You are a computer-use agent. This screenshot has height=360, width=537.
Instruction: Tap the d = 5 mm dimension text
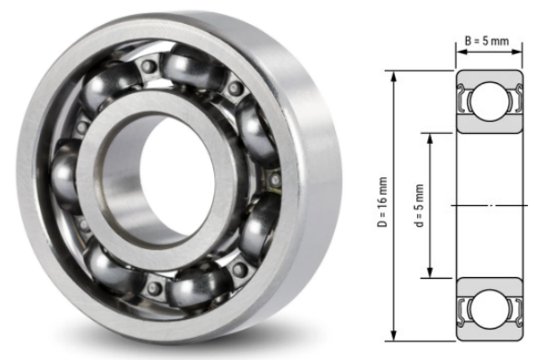point(419,204)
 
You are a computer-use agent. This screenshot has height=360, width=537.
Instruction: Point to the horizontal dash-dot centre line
point(489,204)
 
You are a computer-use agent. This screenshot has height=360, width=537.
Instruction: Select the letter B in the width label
point(468,41)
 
